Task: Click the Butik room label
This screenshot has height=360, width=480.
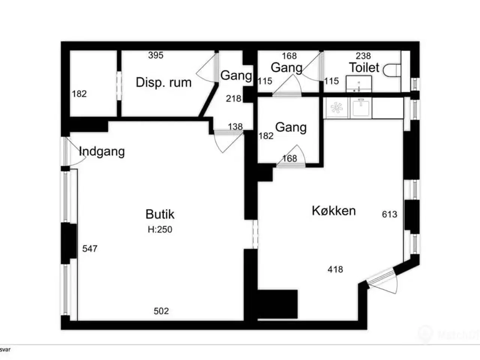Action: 160,214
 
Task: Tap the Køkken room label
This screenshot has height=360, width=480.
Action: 334,211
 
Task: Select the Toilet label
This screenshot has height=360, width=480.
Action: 364,68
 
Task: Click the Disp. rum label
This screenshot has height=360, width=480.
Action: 163,82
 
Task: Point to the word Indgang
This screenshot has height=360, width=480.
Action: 102,151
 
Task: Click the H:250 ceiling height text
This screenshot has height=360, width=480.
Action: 160,229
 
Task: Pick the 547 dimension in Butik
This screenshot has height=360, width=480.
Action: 90,249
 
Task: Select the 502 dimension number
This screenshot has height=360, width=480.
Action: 161,311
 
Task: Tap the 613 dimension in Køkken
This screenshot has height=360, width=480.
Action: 390,214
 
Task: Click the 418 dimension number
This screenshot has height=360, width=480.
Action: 335,269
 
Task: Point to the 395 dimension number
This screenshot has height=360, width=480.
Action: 156,55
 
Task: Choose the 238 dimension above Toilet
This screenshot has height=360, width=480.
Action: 363,56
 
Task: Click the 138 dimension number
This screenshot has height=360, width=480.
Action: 235,127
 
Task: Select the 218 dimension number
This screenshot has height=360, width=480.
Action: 234,99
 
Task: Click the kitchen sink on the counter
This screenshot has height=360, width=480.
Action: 361,107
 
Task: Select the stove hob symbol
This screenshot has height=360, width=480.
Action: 336,108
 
